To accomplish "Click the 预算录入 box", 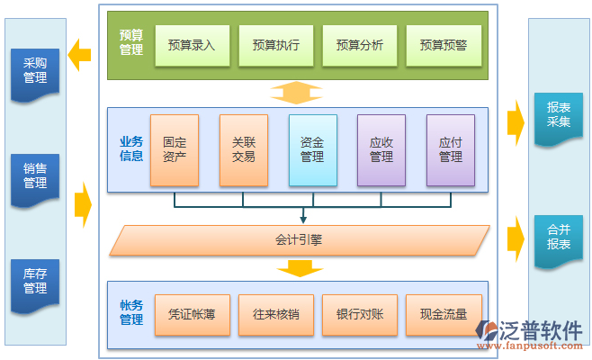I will pyautogui.click(x=192, y=45).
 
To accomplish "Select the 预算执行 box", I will pyautogui.click(x=275, y=45).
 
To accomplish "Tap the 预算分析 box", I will pyautogui.click(x=359, y=45).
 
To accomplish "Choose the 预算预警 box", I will pyautogui.click(x=443, y=45).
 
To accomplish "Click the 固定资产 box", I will pyautogui.click(x=175, y=149).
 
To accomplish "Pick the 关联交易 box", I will pyautogui.click(x=243, y=149).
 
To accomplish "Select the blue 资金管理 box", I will pyautogui.click(x=312, y=149).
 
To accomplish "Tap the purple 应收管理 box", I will pyautogui.click(x=381, y=149).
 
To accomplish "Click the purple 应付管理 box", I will pyautogui.click(x=450, y=149).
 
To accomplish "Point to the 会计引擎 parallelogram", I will pyautogui.click(x=299, y=240).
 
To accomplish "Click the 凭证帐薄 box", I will pyautogui.click(x=192, y=314).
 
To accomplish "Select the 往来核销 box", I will pyautogui.click(x=275, y=314).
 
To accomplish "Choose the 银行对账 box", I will pyautogui.click(x=359, y=314).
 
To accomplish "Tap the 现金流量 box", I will pyautogui.click(x=443, y=314).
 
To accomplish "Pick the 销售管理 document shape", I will pyautogui.click(x=35, y=176).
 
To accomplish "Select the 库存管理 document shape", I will pyautogui.click(x=35, y=281).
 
